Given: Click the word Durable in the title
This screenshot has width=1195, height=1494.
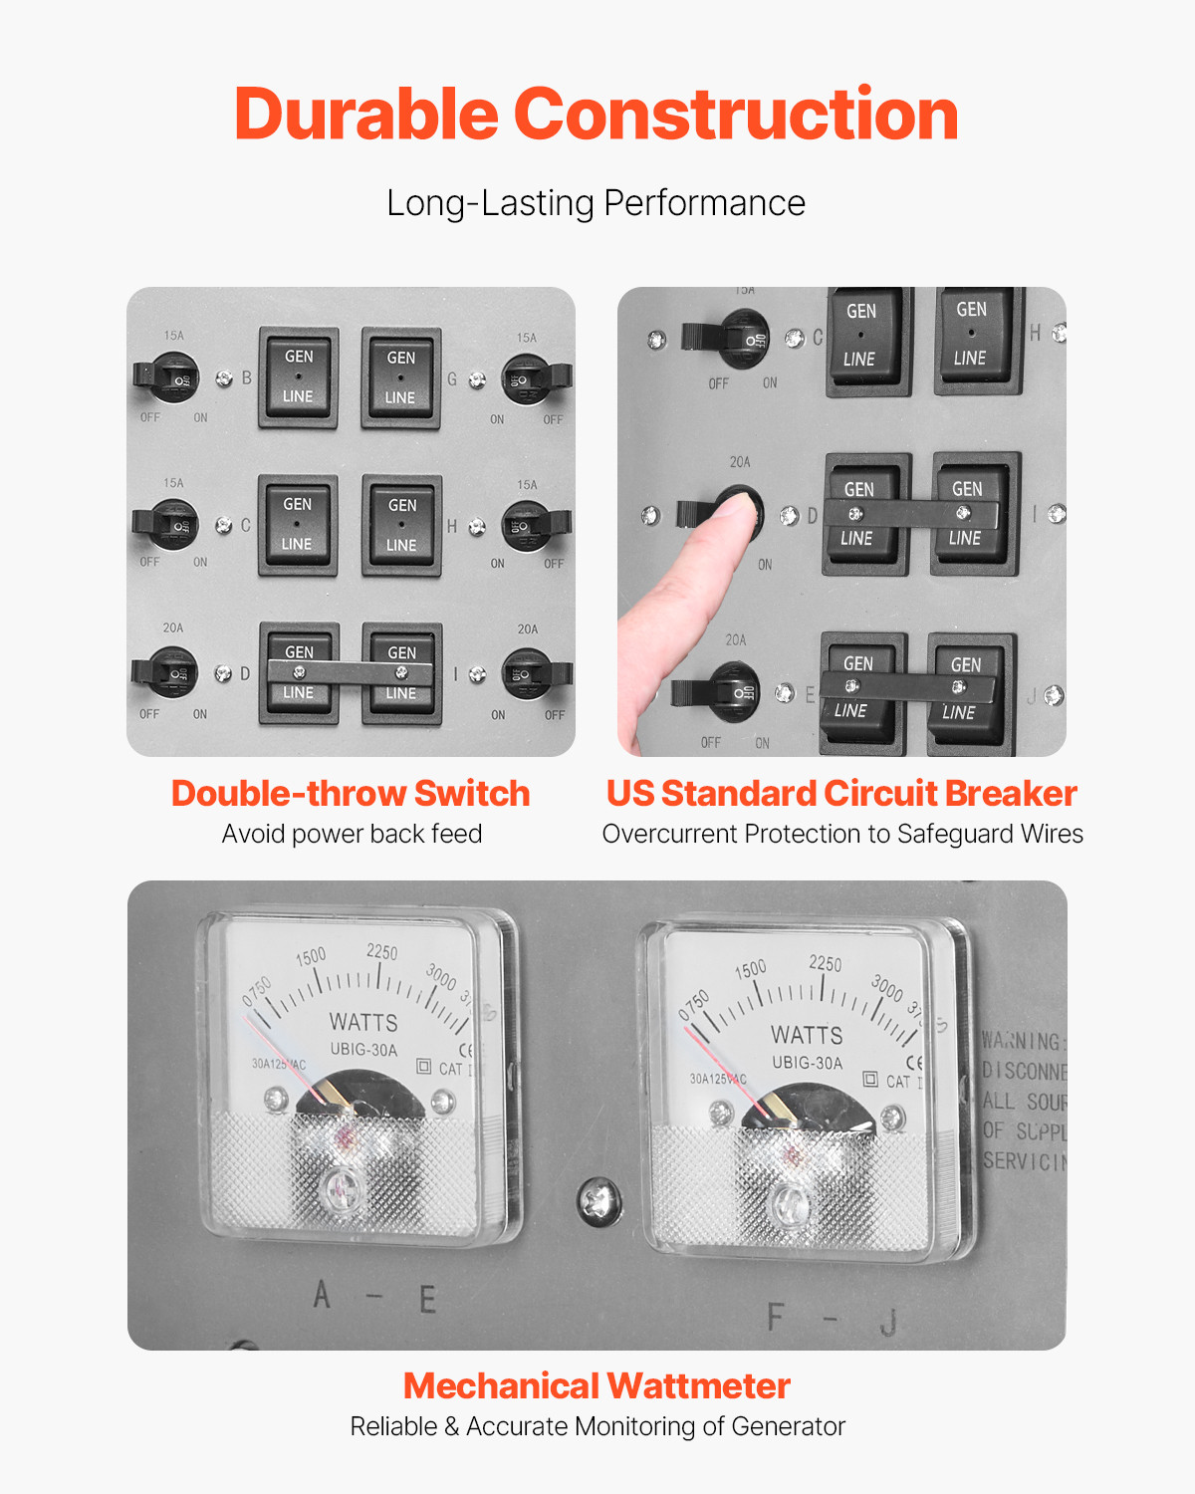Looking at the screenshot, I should point(365,114).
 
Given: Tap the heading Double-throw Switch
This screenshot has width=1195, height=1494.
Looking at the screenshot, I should point(351,794).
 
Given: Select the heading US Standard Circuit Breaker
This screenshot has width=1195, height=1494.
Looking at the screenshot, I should point(841,794).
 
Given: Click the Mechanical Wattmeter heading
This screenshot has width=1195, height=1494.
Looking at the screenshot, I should point(597,1385).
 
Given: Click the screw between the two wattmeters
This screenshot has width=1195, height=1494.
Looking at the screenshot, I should point(598,1199).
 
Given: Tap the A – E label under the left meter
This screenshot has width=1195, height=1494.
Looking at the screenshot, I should point(373,1297).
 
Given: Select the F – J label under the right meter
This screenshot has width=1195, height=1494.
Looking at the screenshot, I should point(832,1319).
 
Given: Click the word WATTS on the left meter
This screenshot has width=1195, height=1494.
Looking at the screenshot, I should point(363,1023).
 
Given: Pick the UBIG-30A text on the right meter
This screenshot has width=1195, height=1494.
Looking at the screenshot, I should point(807,1063).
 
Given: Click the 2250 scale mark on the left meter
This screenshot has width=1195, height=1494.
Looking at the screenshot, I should point(381,952).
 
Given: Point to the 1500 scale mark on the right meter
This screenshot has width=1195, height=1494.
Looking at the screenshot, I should point(751,969).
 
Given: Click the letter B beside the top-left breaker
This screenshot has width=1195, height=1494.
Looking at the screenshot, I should point(247,378).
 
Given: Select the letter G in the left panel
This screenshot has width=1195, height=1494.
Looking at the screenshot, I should point(452,379).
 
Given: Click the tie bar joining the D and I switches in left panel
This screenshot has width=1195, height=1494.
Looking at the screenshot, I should point(350,673).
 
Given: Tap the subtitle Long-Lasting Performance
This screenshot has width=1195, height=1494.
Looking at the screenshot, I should point(596,203).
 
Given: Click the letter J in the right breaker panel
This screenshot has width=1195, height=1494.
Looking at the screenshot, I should point(1031,696).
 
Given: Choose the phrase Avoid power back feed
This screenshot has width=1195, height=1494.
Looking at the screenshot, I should point(352,834).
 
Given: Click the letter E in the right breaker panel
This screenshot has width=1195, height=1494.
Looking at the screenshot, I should point(810,694).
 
